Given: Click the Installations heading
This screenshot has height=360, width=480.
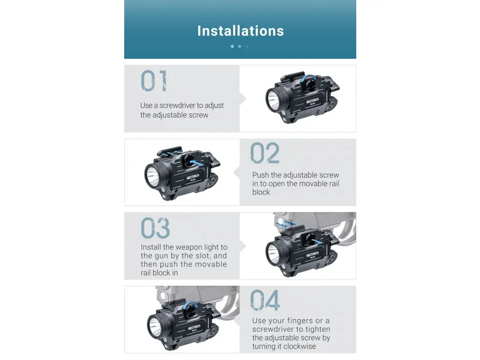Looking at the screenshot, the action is click(x=240, y=31).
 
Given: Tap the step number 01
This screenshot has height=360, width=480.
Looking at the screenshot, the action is click(x=154, y=81).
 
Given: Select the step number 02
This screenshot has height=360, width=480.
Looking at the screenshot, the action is click(x=265, y=153).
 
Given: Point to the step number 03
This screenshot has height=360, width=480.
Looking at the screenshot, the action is click(x=155, y=228).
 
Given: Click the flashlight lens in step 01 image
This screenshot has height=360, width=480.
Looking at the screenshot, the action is click(x=273, y=99).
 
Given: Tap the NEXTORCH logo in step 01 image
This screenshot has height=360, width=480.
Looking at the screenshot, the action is click(x=312, y=101).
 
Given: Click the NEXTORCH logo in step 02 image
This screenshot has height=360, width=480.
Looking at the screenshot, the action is click(x=193, y=177).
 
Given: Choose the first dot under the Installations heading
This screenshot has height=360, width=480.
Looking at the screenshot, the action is click(x=232, y=46).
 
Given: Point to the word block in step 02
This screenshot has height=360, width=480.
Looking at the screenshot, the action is click(x=261, y=192).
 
